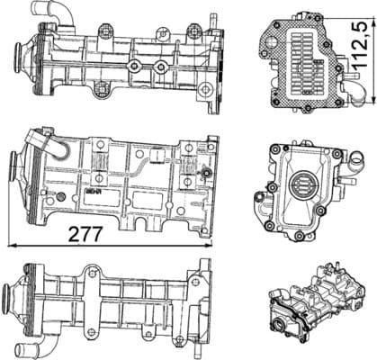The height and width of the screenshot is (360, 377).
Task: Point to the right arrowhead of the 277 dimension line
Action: (x=214, y=244)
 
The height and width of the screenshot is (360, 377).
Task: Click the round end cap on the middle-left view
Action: (x=15, y=171)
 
